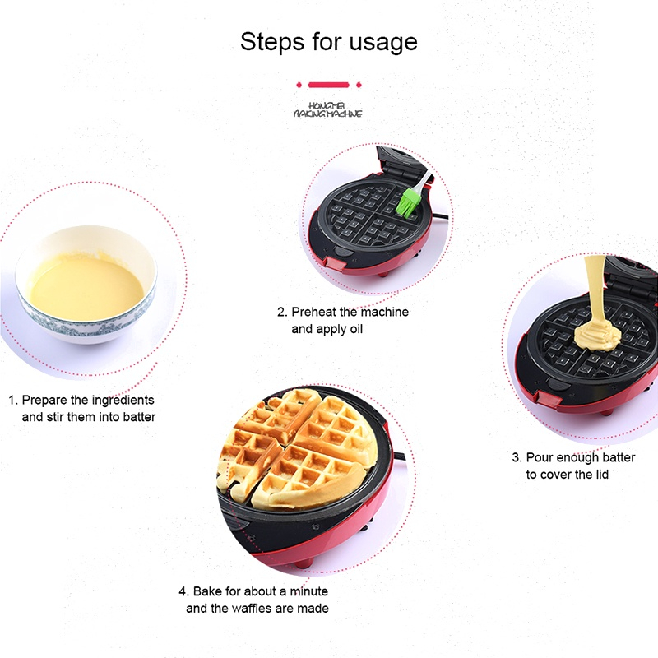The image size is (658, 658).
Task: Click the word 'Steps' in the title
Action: tap(272, 43)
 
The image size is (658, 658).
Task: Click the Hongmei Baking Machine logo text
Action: tap(327, 110)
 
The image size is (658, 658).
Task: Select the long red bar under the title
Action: tap(328, 85)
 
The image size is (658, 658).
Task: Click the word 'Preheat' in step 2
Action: tap(313, 313)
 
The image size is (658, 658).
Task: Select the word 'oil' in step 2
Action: tap(356, 329)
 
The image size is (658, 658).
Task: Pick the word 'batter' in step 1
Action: tap(139, 417)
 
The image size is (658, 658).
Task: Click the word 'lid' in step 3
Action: tap(602, 475)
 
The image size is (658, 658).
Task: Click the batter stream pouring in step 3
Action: tap(595, 290)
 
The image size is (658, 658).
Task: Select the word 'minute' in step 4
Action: tap(309, 591)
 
